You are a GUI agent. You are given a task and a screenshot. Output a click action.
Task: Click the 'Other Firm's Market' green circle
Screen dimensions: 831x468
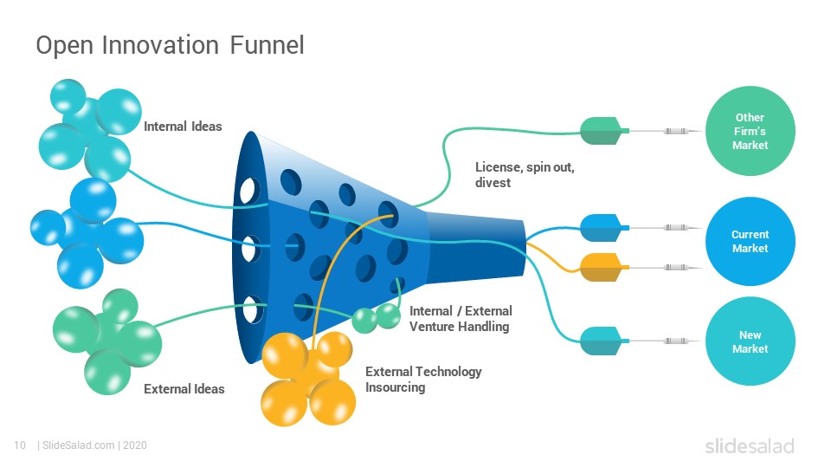click(x=750, y=131)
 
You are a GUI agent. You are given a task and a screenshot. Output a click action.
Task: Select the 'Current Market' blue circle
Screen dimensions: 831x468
click(x=750, y=242)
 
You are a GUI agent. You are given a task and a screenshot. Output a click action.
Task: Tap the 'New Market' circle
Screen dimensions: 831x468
click(x=750, y=341)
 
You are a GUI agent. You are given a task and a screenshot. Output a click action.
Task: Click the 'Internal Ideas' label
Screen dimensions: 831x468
click(x=183, y=127)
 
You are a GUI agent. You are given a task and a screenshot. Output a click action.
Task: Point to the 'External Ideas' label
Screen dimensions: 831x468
click(x=184, y=389)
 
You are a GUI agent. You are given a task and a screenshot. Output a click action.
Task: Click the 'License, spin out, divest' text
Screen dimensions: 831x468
click(x=525, y=174)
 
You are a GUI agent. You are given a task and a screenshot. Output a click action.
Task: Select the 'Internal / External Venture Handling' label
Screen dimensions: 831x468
click(x=461, y=318)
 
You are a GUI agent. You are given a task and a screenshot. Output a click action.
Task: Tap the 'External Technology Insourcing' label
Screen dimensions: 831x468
click(x=423, y=380)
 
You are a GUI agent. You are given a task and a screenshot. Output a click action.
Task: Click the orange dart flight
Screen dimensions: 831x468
click(x=601, y=268)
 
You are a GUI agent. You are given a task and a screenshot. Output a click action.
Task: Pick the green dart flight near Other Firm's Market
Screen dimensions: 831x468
click(x=601, y=131)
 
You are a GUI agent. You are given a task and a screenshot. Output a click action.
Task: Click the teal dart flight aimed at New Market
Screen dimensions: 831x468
click(x=601, y=341)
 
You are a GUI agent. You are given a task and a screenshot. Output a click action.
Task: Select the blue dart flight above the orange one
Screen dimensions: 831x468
click(x=601, y=228)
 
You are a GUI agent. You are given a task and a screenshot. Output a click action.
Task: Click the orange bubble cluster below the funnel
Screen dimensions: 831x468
click(x=308, y=379)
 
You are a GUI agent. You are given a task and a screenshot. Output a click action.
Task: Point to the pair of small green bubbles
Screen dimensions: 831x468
click(x=377, y=318)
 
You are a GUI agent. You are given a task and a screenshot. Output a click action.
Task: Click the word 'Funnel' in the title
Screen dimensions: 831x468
click(x=267, y=45)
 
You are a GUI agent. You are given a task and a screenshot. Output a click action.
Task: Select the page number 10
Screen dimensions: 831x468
click(x=20, y=445)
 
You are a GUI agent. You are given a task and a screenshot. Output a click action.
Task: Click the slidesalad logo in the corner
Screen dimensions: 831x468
click(x=750, y=445)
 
